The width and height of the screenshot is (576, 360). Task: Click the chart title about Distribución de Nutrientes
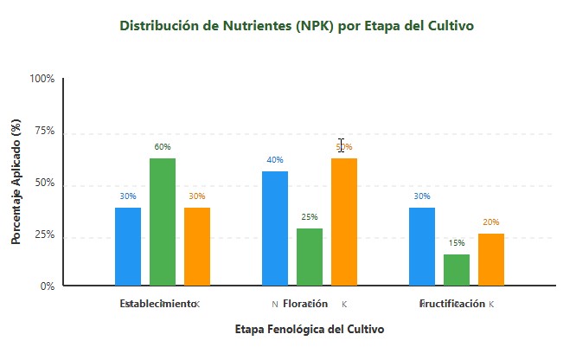pyautogui.click(x=297, y=26)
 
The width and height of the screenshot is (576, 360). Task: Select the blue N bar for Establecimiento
pyautogui.click(x=128, y=247)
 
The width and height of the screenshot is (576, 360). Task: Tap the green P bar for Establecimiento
pyautogui.click(x=163, y=222)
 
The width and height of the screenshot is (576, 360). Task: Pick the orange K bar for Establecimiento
pyautogui.click(x=197, y=247)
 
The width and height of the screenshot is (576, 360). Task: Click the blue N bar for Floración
pyautogui.click(x=275, y=228)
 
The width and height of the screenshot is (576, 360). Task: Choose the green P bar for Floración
pyautogui.click(x=310, y=257)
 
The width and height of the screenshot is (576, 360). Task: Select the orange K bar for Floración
pyautogui.click(x=344, y=222)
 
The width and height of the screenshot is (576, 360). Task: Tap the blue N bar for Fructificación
pyautogui.click(x=422, y=247)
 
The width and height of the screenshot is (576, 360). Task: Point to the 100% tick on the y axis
pyautogui.click(x=42, y=79)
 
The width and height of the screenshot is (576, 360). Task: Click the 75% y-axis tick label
pyautogui.click(x=44, y=132)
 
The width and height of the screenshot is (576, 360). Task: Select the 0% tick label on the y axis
pyautogui.click(x=47, y=286)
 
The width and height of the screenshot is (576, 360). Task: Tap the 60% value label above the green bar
pyautogui.click(x=163, y=147)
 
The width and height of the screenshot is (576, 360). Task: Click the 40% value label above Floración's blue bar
pyautogui.click(x=275, y=160)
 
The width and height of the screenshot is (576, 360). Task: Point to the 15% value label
pyautogui.click(x=457, y=243)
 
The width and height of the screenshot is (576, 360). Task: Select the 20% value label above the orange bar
pyautogui.click(x=491, y=222)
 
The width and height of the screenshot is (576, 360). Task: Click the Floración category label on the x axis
pyautogui.click(x=305, y=304)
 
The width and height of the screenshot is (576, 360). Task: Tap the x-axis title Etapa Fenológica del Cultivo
pyautogui.click(x=310, y=330)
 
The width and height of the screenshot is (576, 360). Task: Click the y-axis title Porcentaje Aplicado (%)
pyautogui.click(x=16, y=183)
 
